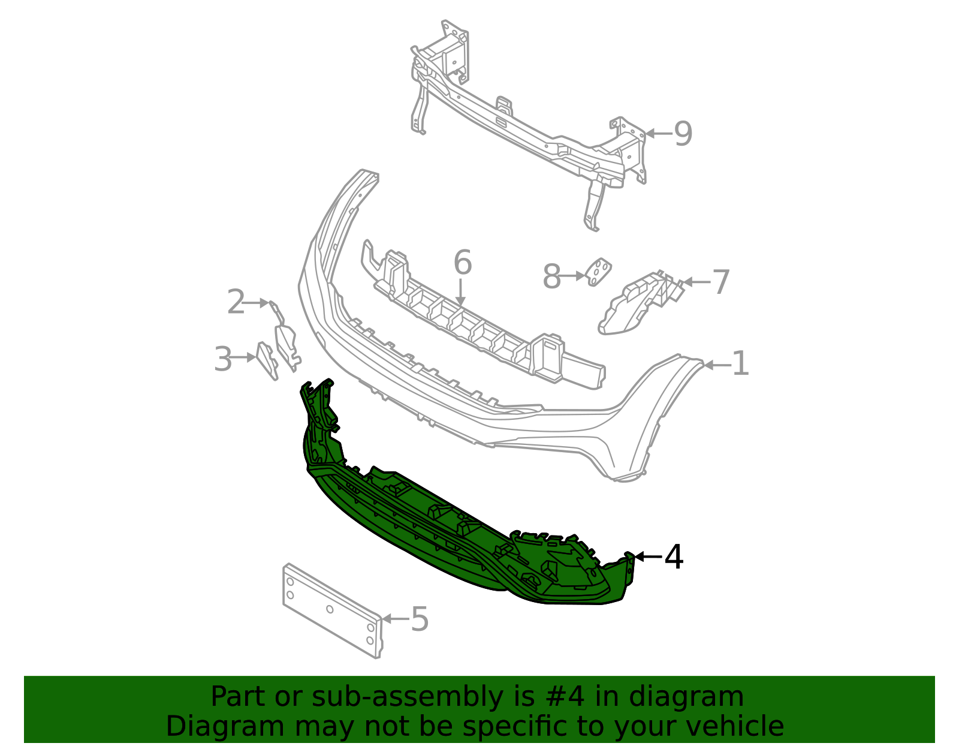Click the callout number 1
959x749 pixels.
tap(741, 364)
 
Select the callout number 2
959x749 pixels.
tap(236, 302)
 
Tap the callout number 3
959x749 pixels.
tap(223, 359)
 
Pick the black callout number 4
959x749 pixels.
tap(674, 557)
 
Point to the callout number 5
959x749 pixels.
tap(420, 619)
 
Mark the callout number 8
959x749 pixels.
tap(551, 277)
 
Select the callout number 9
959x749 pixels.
tap(683, 134)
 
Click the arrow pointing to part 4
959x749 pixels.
tap(648, 557)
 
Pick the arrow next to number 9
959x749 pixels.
tap(658, 134)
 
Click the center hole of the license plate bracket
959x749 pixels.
tap(330, 609)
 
